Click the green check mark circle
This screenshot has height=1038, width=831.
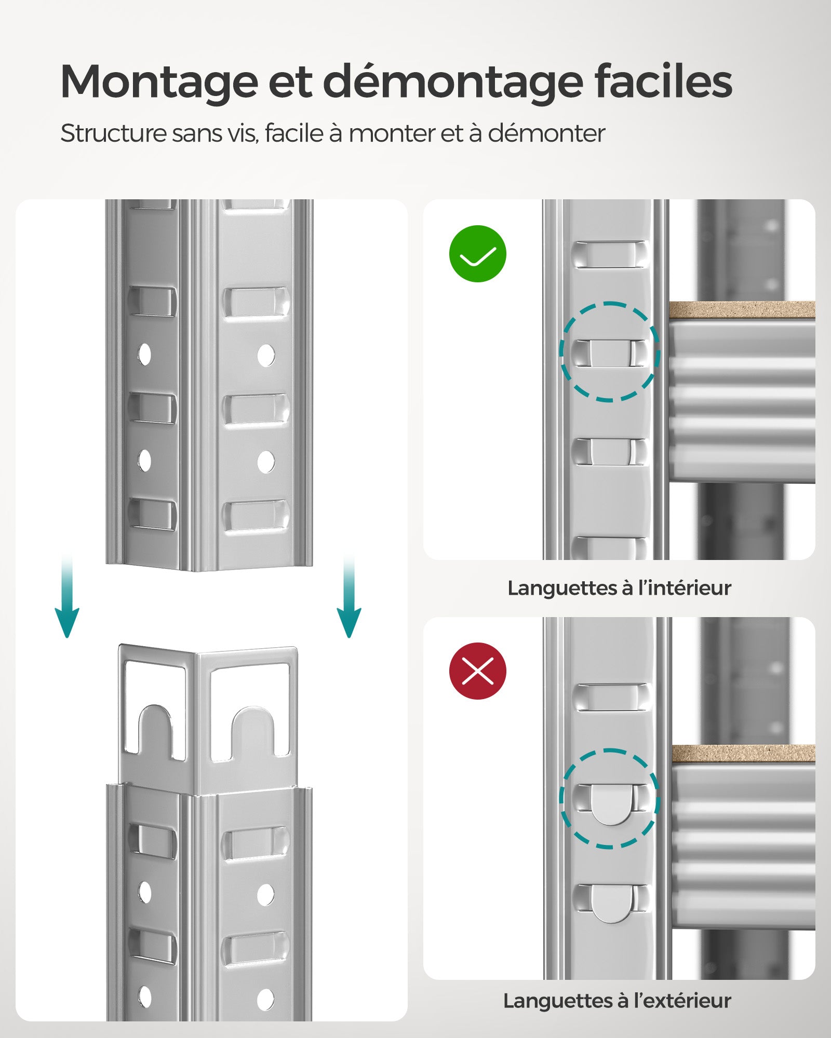click(x=477, y=254)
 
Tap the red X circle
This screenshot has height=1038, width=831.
click(x=477, y=671)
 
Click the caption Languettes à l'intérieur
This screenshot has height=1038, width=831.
click(x=619, y=588)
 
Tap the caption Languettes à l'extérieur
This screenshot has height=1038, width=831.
click(x=617, y=1001)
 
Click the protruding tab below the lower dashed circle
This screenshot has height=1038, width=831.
click(x=611, y=904)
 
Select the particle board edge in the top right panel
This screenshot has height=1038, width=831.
click(x=742, y=310)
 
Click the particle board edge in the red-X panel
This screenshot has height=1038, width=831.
click(x=743, y=754)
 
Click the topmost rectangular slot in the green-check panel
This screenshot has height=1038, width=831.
click(x=610, y=254)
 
